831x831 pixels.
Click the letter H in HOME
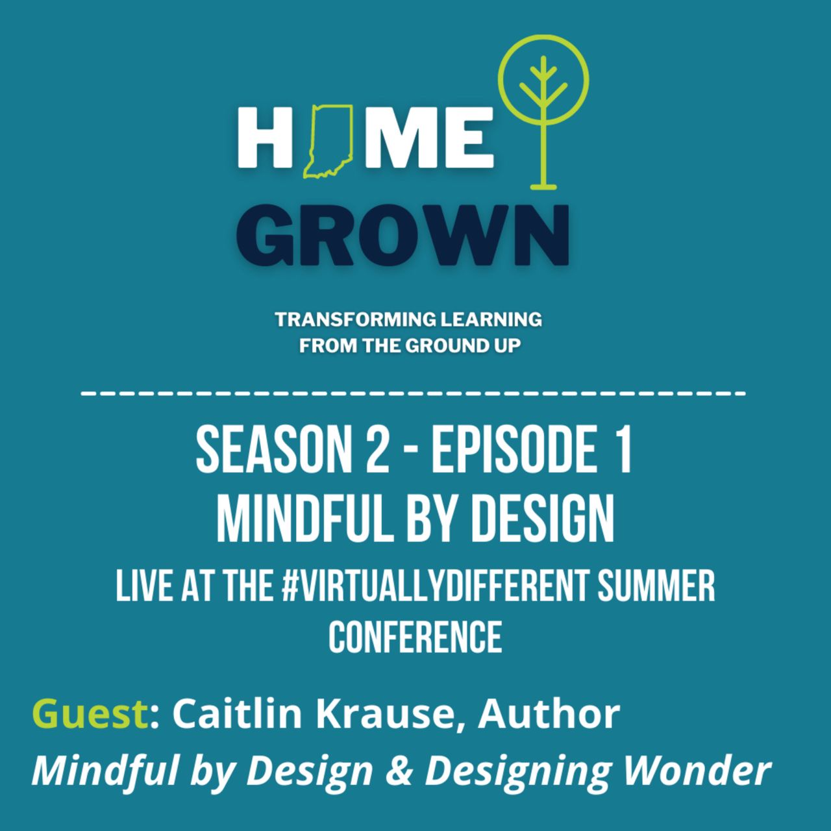(x=266, y=138)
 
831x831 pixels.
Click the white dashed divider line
(x=413, y=393)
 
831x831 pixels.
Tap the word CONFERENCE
(x=415, y=637)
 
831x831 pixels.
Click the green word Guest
(x=90, y=714)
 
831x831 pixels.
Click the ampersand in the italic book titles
(x=399, y=771)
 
